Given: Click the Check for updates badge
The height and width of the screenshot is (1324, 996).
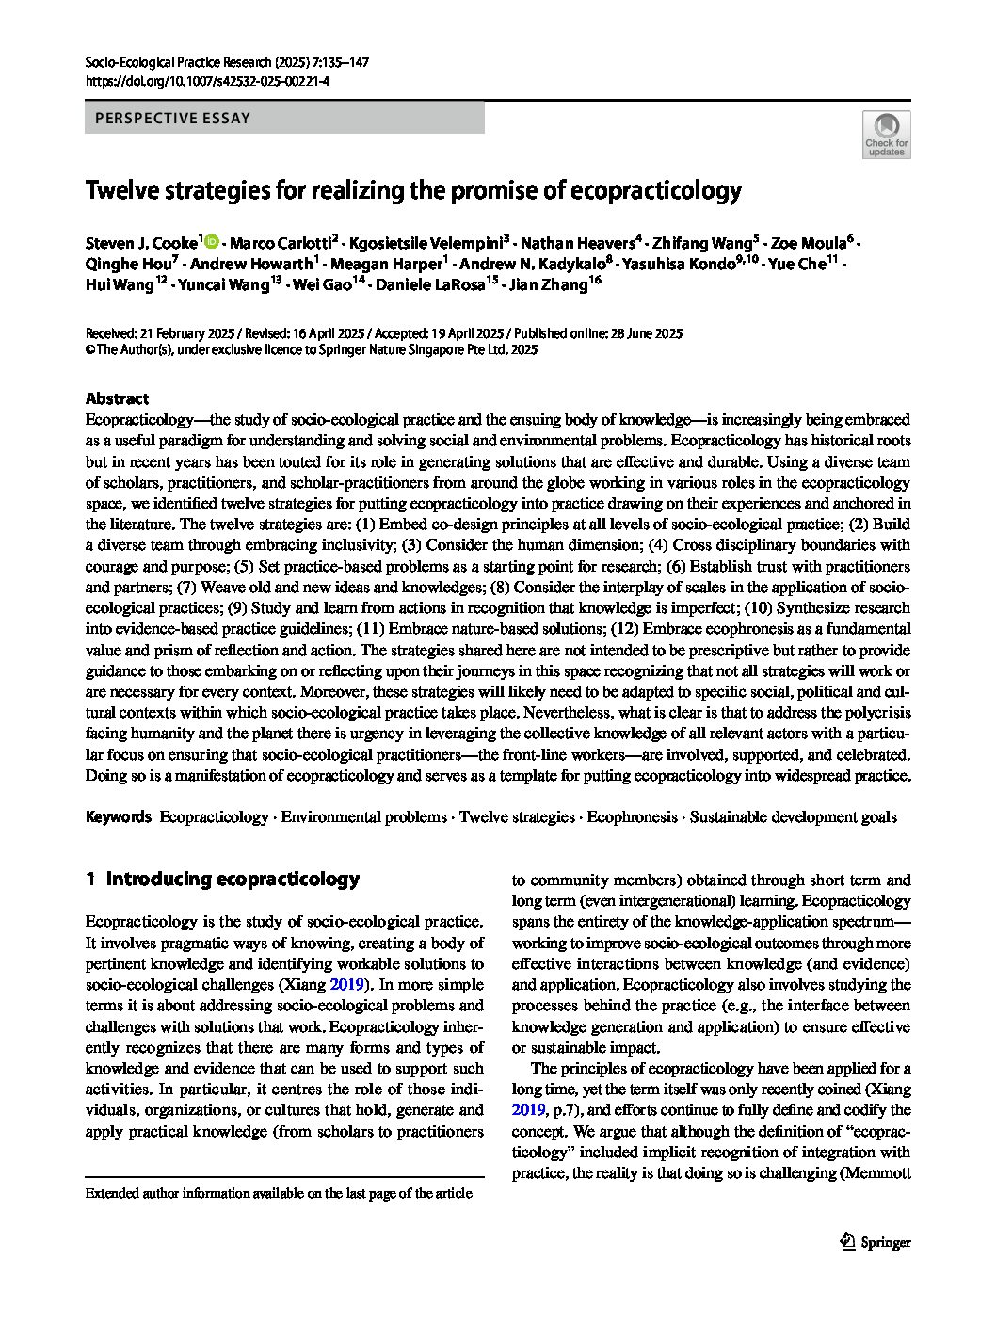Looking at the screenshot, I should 886,135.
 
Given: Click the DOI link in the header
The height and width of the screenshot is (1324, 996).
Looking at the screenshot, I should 207,82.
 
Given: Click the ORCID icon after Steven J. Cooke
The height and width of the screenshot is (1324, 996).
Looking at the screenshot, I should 211,241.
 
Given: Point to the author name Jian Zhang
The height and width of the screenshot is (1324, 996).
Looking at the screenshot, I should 549,284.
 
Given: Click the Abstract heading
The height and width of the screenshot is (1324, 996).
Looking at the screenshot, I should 117,398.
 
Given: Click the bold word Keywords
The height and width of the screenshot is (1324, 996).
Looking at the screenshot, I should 118,817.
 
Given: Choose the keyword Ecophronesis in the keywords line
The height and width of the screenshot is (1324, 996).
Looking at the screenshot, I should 632,817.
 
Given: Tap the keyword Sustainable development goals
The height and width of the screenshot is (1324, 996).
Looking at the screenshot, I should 793,817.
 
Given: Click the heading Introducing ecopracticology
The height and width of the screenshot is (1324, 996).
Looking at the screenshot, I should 232,879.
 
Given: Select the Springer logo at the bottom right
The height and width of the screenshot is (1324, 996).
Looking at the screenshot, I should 875,1241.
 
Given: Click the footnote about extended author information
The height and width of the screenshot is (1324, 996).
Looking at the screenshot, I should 279,1193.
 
